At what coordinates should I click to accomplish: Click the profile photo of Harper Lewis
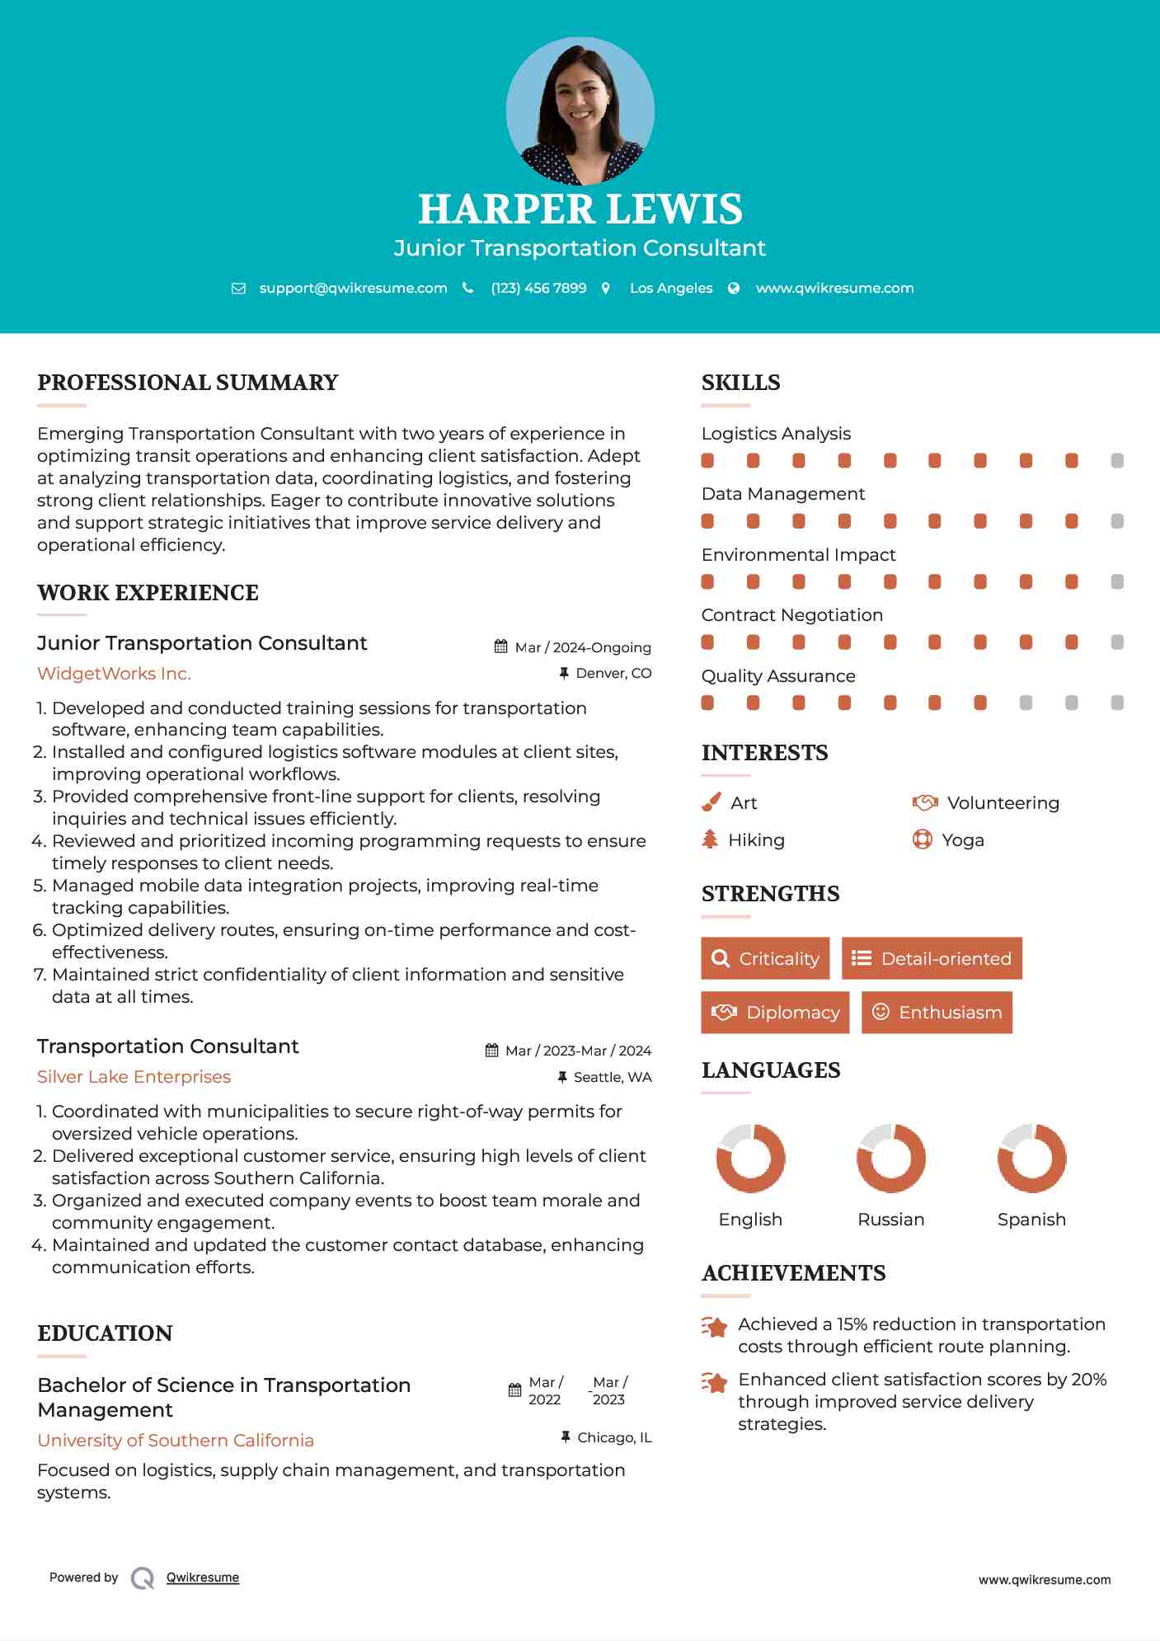point(580,111)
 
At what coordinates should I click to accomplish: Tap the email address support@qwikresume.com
point(353,288)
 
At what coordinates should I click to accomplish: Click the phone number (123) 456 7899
point(538,288)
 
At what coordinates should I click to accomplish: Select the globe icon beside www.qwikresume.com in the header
point(734,288)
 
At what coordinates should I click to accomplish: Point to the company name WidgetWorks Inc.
point(114,674)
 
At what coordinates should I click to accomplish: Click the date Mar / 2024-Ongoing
point(582,647)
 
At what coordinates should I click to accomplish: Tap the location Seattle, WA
point(612,1077)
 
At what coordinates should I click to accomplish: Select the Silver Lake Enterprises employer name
point(134,1077)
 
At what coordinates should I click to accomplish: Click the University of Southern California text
point(176,1441)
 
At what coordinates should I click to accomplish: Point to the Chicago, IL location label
point(613,1437)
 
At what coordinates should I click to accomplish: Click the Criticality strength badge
point(765,958)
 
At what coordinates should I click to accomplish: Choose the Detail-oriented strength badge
point(932,958)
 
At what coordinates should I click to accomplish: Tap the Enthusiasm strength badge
point(937,1012)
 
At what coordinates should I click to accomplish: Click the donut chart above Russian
point(891,1158)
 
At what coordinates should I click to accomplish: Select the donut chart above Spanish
point(1031,1158)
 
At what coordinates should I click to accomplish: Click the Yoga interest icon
point(923,839)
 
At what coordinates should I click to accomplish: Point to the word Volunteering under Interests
point(1003,803)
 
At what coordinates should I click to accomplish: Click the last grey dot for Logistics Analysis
point(1117,461)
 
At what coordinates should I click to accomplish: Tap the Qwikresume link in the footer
point(203,1578)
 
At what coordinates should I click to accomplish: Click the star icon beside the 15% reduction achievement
point(714,1327)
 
